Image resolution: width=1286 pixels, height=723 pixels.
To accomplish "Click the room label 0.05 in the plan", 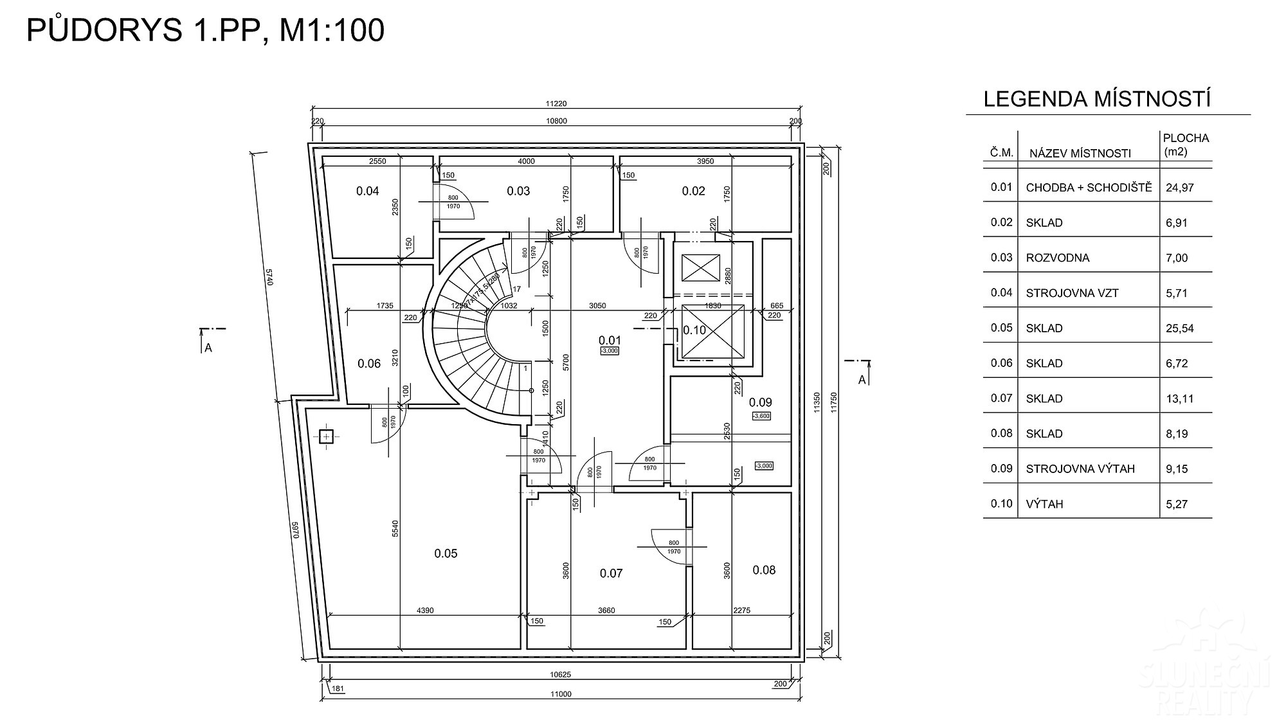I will pos(446,553).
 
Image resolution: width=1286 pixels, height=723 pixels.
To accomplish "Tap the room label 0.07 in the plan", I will pos(611,573).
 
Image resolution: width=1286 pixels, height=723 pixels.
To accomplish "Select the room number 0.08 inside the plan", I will pos(764,570).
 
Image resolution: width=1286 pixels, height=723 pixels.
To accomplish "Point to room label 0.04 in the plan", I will pos(368,191).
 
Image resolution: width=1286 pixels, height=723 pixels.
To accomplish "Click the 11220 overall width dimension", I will pos(556,104).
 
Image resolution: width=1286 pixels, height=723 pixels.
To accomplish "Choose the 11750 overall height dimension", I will pos(834,402).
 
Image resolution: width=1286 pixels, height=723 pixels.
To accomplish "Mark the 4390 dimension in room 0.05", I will pos(425,611).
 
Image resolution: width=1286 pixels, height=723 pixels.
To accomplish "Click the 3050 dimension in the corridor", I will pos(597,306).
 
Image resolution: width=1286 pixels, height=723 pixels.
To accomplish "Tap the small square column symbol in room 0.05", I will pos(326,437).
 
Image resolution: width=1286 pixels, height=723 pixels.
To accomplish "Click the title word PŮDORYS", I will pos(104,30).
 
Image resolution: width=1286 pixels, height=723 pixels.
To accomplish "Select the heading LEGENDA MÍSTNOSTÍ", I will pos(1098,100).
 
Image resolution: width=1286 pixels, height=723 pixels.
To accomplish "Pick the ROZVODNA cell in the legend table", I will pos(1058,258).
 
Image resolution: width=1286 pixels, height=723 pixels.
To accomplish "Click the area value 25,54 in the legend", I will pos(1180,328).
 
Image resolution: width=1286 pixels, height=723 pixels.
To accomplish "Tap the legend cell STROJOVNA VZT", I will pos(1072,293).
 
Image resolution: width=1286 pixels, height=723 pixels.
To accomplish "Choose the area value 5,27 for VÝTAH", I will pos(1177,504).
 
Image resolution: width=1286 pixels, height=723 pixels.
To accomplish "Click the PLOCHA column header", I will pos(1186,138).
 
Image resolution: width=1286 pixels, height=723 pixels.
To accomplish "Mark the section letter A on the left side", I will pos(208,348).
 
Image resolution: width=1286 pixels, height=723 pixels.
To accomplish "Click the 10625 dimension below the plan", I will pos(561,675).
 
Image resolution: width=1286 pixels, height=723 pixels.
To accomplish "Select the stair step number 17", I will pos(516,289).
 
